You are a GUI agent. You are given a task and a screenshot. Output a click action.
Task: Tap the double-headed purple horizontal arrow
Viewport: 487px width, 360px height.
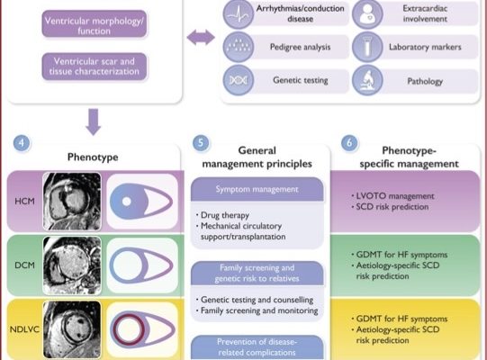(200, 37)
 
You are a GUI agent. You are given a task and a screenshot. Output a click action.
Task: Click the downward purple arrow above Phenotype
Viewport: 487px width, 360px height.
(94, 119)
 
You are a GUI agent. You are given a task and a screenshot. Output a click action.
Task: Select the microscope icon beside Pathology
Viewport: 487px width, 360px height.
(368, 79)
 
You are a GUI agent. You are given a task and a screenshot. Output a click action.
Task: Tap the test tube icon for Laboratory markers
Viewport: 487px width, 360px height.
(368, 46)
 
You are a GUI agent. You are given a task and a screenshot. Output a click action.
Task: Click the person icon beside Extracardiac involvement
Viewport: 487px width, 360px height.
(368, 13)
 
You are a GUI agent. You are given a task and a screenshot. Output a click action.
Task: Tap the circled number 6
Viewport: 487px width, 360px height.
(348, 142)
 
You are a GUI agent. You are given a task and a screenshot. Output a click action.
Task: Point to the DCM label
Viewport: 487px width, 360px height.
(24, 266)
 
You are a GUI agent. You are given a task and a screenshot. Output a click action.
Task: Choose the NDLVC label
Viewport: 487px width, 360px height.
(24, 329)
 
